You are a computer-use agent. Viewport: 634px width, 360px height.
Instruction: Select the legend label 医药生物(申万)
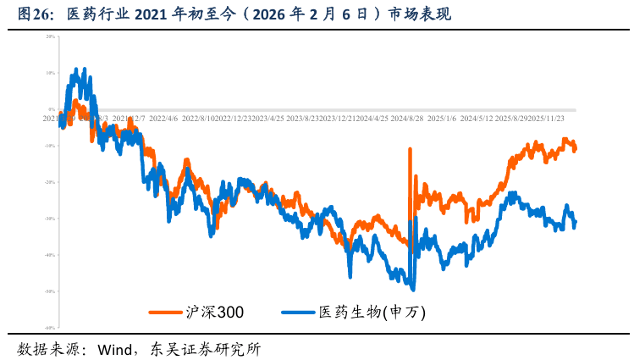[x=372, y=312]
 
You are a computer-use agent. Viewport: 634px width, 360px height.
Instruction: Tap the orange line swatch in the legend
[x=166, y=312]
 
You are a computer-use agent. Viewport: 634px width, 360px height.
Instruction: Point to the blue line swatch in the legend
[x=298, y=312]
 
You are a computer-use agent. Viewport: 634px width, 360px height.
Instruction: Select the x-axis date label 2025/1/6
[x=440, y=119]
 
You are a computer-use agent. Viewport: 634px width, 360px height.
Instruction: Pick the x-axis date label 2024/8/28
[x=406, y=119]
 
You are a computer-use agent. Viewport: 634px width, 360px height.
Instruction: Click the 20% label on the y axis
[x=51, y=37]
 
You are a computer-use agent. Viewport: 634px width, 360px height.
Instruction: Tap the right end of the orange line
[x=576, y=149]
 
